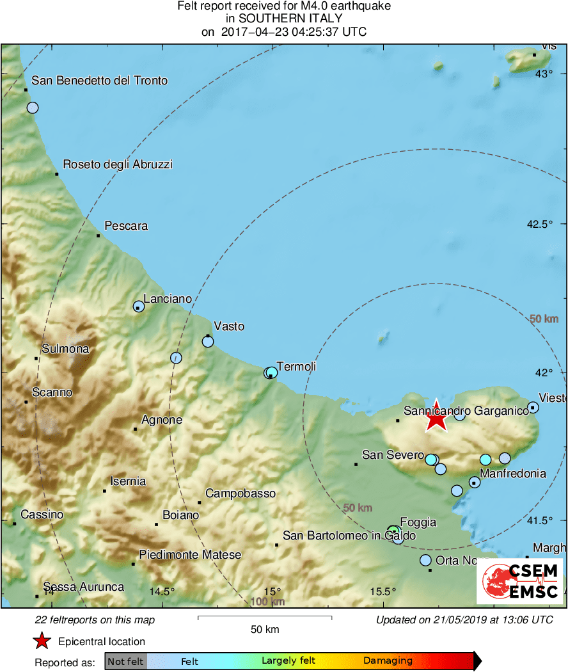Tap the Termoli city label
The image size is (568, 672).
click(296, 367)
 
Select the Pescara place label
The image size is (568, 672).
click(126, 226)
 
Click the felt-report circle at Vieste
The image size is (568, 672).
click(533, 407)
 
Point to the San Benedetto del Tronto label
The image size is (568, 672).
click(100, 81)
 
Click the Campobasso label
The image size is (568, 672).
click(241, 493)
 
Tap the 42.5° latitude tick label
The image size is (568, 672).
click(539, 224)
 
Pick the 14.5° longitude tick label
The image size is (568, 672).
click(162, 591)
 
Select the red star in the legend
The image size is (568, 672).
click(42, 641)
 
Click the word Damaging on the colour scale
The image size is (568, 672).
click(388, 661)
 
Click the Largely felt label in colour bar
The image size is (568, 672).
click(288, 661)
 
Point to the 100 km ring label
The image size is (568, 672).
click(267, 602)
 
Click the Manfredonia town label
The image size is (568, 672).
click(513, 474)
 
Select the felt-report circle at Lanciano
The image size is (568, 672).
click(139, 307)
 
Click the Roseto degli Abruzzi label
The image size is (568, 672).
click(118, 164)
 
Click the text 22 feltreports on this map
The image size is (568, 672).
click(94, 620)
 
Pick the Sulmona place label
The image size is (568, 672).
click(65, 349)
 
